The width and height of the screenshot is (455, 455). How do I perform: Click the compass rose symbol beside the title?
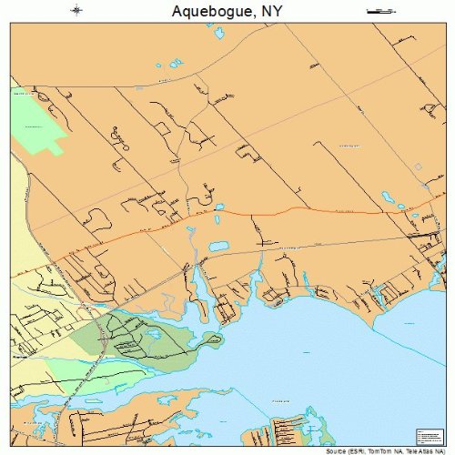coord(76,11)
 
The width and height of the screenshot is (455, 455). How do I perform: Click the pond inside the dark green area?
coord(155,334)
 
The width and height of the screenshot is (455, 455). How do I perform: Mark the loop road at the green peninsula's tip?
coord(214,340)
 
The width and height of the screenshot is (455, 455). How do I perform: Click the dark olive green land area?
coord(136,337)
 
